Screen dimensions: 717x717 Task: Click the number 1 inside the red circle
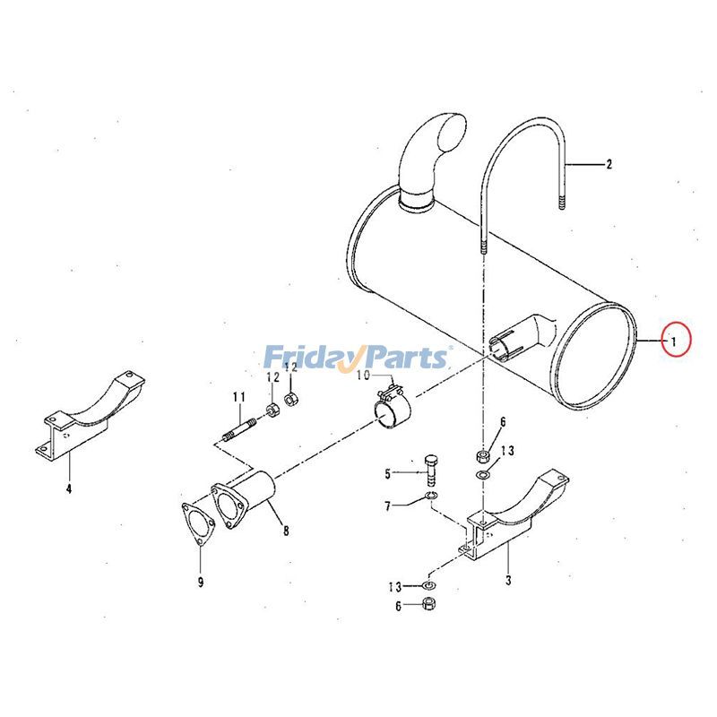click(675, 340)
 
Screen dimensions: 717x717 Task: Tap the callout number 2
click(609, 164)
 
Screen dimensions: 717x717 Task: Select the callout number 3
click(508, 581)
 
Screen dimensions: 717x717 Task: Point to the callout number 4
click(68, 488)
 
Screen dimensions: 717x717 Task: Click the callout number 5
click(388, 473)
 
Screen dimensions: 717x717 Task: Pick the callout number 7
click(388, 506)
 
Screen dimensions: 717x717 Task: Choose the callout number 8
click(286, 531)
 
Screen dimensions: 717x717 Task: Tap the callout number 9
click(201, 583)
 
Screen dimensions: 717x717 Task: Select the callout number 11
click(238, 396)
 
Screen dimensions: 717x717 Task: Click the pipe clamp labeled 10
click(392, 414)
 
